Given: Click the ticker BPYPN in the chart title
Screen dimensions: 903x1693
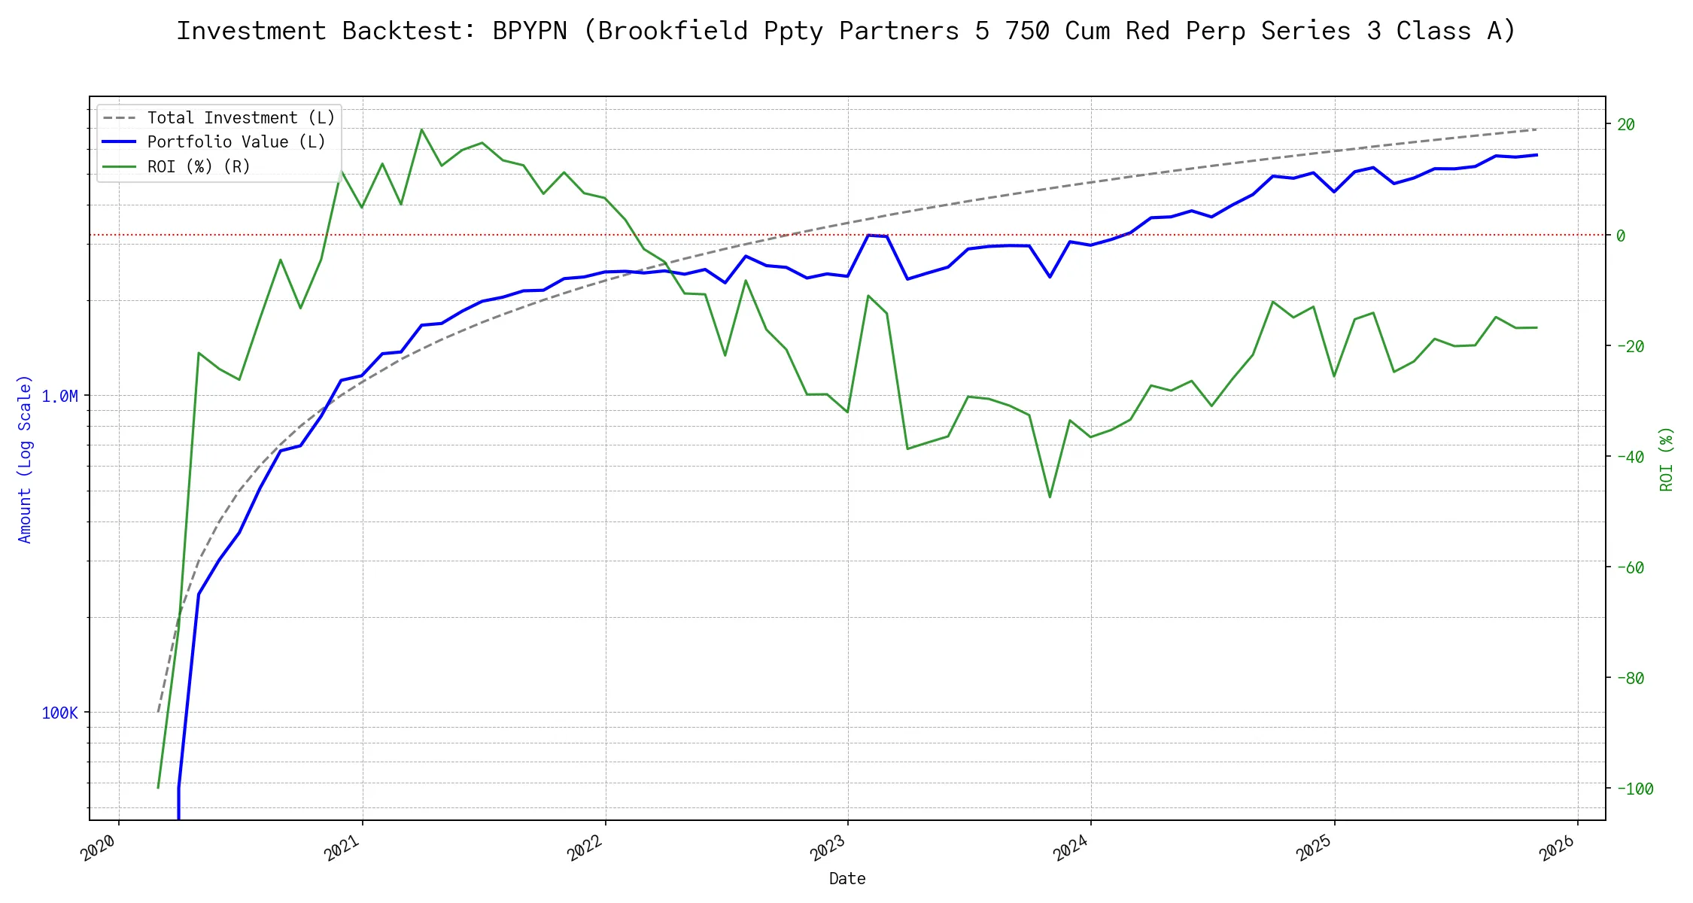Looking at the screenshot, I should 529,31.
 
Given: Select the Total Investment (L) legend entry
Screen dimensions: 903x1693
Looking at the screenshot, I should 241,118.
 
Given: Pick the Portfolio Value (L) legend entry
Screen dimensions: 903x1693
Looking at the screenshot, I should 236,142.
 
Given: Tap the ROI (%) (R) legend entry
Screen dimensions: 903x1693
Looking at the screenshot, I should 199,166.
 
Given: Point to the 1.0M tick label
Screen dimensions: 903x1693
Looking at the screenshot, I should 59,397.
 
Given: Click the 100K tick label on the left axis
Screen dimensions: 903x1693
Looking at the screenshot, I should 59,713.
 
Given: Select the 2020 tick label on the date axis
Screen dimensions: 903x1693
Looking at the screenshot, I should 99,848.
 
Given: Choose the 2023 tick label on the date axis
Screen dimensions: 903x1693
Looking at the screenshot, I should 828,848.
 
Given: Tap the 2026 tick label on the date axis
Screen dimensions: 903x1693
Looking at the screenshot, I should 1557,848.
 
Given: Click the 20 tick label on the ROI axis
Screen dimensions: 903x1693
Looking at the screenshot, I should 1626,125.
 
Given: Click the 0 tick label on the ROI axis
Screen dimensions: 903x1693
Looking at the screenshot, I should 1621,236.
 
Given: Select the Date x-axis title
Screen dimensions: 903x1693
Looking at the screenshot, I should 847,879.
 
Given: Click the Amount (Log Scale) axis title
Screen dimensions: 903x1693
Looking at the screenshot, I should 25,459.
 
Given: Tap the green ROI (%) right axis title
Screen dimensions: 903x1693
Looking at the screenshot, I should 1667,459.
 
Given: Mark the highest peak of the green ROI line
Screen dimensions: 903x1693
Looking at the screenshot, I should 421,129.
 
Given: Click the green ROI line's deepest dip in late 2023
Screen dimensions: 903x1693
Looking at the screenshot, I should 1050,497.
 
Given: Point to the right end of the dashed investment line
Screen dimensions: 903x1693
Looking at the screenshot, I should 1536,129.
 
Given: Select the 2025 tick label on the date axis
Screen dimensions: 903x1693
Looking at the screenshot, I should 1314,848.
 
